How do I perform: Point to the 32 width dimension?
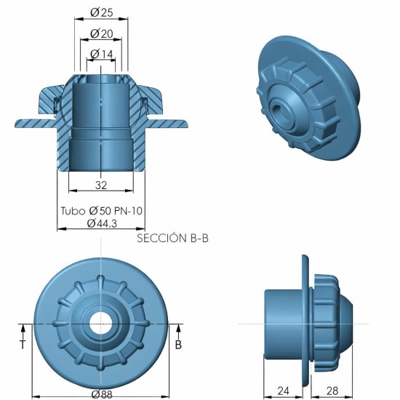(100, 185)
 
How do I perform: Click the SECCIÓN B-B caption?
(172, 238)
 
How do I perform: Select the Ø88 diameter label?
(101, 393)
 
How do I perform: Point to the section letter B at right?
(178, 345)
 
